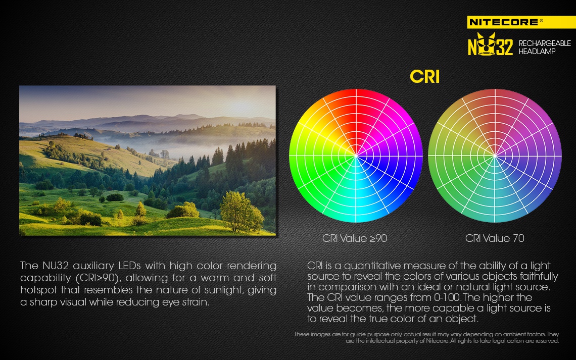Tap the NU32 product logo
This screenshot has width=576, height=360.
pos(490,44)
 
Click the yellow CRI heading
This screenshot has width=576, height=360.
pos(424,77)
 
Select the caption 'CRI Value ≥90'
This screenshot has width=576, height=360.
pos(355,238)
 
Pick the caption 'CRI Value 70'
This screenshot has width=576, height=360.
pos(495,238)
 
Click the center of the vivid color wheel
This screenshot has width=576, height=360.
pos(356,156)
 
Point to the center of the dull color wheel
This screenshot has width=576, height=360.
pos(495,156)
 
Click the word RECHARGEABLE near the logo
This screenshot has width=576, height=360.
pos(544,43)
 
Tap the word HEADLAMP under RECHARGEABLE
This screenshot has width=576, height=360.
pos(537,52)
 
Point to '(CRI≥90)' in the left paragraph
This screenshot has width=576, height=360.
pos(98,278)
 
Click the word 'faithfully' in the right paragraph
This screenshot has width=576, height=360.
pos(539,276)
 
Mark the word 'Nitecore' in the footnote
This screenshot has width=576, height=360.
pos(437,341)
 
